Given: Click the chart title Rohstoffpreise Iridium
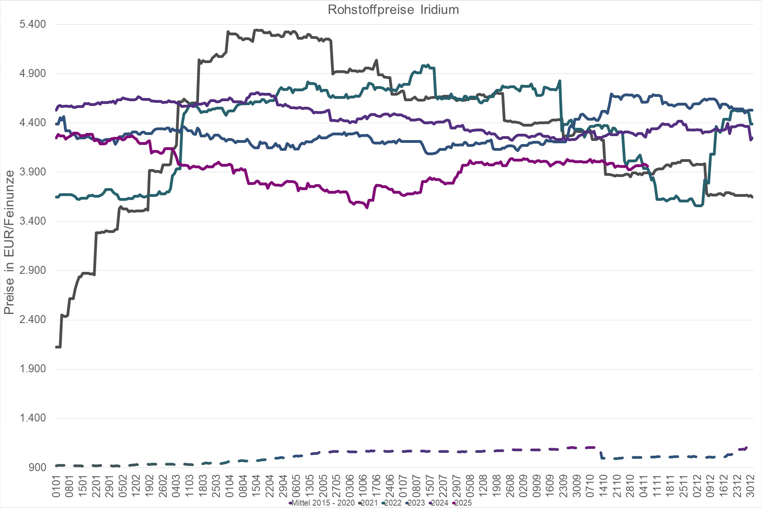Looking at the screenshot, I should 393,10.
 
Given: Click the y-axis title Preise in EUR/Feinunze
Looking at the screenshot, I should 9,242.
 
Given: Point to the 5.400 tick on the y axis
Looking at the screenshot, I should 33,24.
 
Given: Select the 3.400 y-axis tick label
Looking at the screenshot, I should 33,221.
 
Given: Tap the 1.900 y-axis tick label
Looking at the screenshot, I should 33,369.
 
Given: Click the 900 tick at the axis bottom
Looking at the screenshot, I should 38,467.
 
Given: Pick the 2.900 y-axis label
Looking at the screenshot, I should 33,270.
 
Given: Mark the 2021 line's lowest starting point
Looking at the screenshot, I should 58,347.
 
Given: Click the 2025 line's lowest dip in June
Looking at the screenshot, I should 367,207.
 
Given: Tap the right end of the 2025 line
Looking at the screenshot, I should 647,167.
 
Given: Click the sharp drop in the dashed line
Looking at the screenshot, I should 601,455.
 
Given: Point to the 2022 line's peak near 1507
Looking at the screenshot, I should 427,65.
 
